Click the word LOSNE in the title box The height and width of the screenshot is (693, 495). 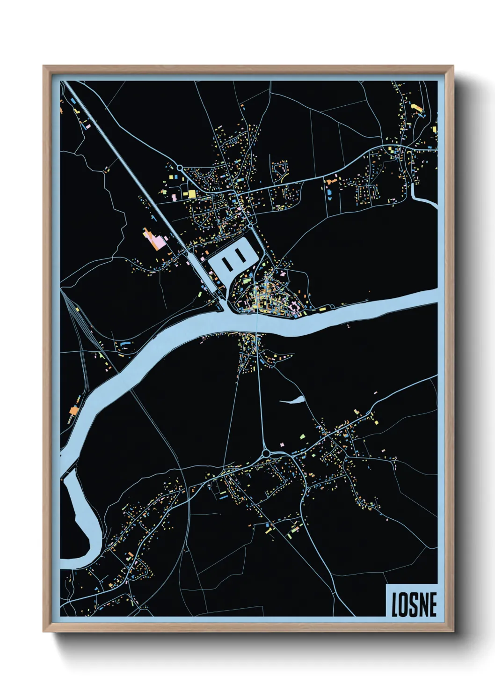click(414, 605)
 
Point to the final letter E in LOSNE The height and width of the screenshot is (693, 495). click(432, 605)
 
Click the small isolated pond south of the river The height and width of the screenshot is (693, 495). click(292, 400)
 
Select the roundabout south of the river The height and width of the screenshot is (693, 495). click(266, 453)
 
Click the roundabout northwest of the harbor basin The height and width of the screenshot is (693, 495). click(179, 167)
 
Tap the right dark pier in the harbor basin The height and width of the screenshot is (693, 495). click(240, 256)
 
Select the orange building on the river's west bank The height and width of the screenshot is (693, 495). click(74, 411)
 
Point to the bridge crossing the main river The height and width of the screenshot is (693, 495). click(257, 324)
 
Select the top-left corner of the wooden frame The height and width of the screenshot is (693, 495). click(44, 66)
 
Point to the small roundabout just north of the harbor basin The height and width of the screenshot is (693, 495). click(250, 226)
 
